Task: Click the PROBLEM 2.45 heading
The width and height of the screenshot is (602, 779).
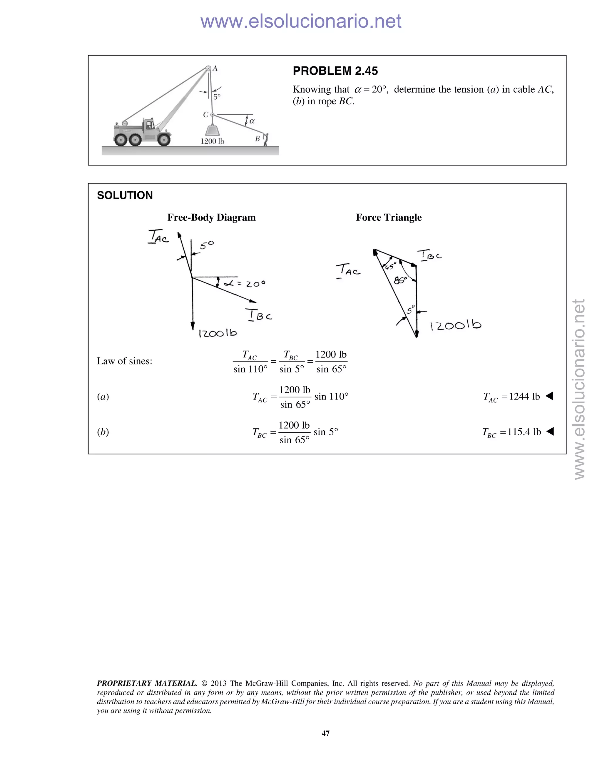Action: click(x=335, y=71)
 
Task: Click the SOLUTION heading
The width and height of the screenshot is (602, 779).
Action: click(x=125, y=195)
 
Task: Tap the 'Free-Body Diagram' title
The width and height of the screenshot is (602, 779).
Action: click(x=211, y=217)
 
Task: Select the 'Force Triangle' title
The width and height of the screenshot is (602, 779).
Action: click(x=388, y=217)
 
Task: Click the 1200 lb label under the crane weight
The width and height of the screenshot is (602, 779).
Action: click(x=212, y=141)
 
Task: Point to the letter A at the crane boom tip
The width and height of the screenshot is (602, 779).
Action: click(x=215, y=68)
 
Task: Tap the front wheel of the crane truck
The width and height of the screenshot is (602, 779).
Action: click(x=164, y=139)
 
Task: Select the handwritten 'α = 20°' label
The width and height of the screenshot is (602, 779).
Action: click(x=245, y=284)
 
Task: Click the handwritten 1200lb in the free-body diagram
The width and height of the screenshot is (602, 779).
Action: click(x=218, y=333)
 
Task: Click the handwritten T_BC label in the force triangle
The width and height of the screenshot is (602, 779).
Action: click(x=430, y=255)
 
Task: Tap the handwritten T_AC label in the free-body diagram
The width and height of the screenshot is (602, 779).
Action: click(x=158, y=237)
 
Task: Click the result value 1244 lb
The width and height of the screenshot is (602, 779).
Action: click(x=524, y=396)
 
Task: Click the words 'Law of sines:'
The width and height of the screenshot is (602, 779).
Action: click(x=124, y=361)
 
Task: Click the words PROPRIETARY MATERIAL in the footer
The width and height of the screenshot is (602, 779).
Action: click(x=147, y=683)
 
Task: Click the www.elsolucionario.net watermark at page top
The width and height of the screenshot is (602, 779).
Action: click(x=301, y=21)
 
